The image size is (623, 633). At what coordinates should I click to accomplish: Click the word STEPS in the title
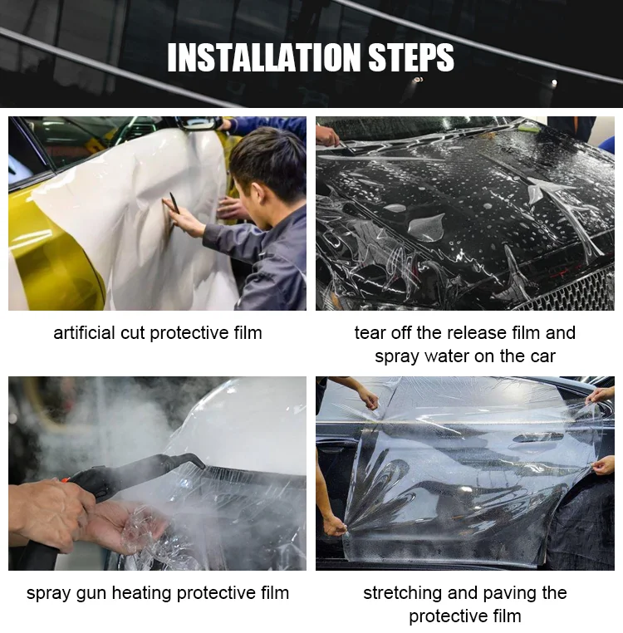tap(411, 57)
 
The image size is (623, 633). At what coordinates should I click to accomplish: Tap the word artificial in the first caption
tap(85, 333)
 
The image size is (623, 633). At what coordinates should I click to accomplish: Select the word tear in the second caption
tap(368, 333)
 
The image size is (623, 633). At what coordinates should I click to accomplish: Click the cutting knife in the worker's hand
tap(174, 203)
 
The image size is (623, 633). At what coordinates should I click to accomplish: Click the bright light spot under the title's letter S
tap(419, 80)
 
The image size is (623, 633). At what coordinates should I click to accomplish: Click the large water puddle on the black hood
tap(426, 226)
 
